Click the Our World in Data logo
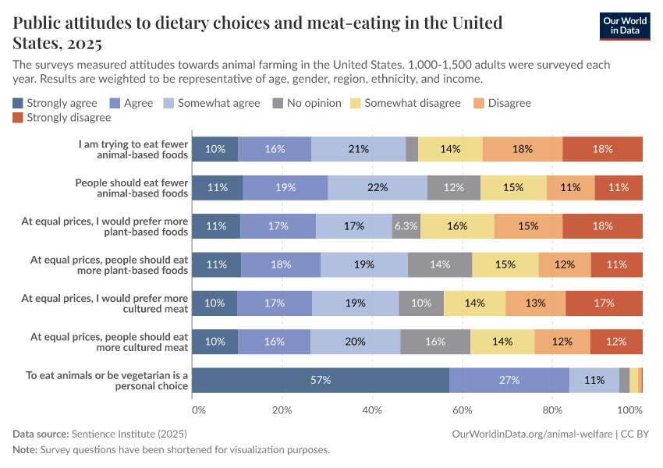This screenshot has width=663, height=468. (x=625, y=26)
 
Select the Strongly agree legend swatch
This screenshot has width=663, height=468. (x=19, y=103)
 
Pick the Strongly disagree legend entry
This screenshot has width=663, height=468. (x=62, y=118)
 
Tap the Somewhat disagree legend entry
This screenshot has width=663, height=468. (x=402, y=103)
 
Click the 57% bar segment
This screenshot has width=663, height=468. (x=321, y=380)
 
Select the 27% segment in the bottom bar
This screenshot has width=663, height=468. (x=509, y=380)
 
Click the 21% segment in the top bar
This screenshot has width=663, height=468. (x=358, y=149)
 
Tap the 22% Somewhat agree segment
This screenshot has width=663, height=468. (x=378, y=187)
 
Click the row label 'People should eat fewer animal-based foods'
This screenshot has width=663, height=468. (x=131, y=187)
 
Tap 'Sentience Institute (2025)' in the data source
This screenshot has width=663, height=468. (x=129, y=434)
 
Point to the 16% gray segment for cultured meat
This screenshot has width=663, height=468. (x=435, y=342)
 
